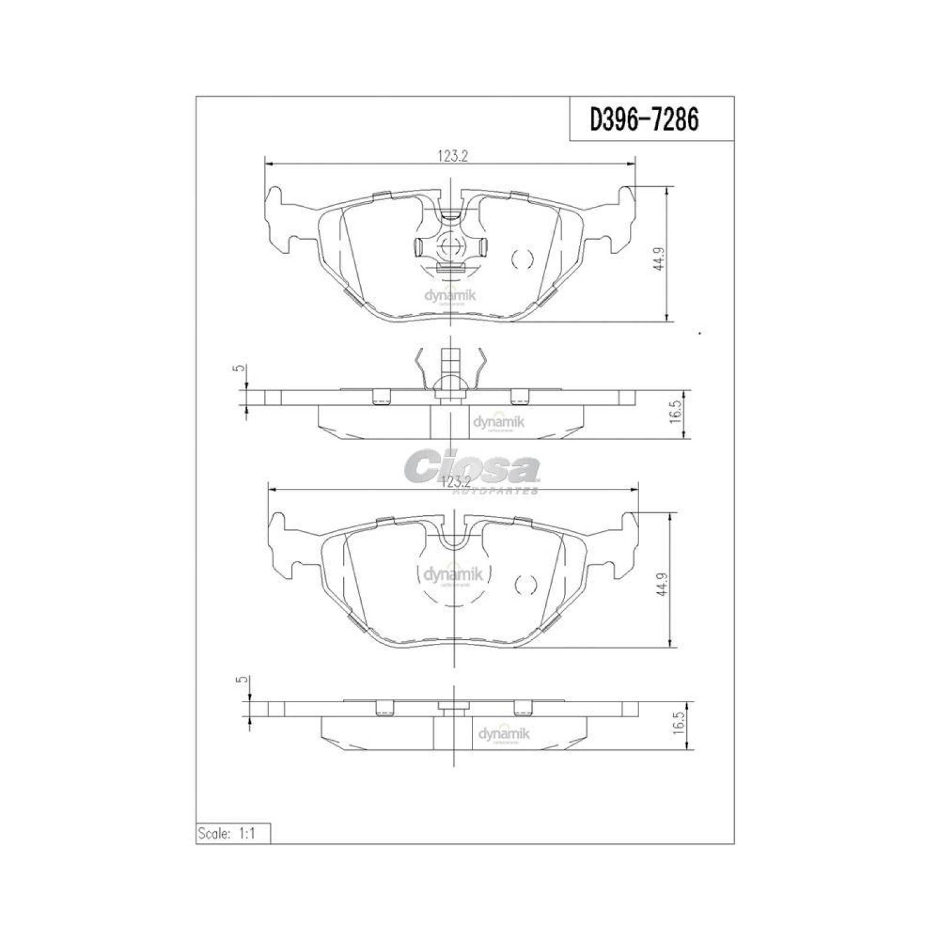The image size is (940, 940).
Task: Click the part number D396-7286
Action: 644,120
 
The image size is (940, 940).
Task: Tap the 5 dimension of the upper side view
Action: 238,369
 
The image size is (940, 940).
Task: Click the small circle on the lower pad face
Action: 525,585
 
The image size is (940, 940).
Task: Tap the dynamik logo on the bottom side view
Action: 504,734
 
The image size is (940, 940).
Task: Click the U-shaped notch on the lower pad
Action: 453,536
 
